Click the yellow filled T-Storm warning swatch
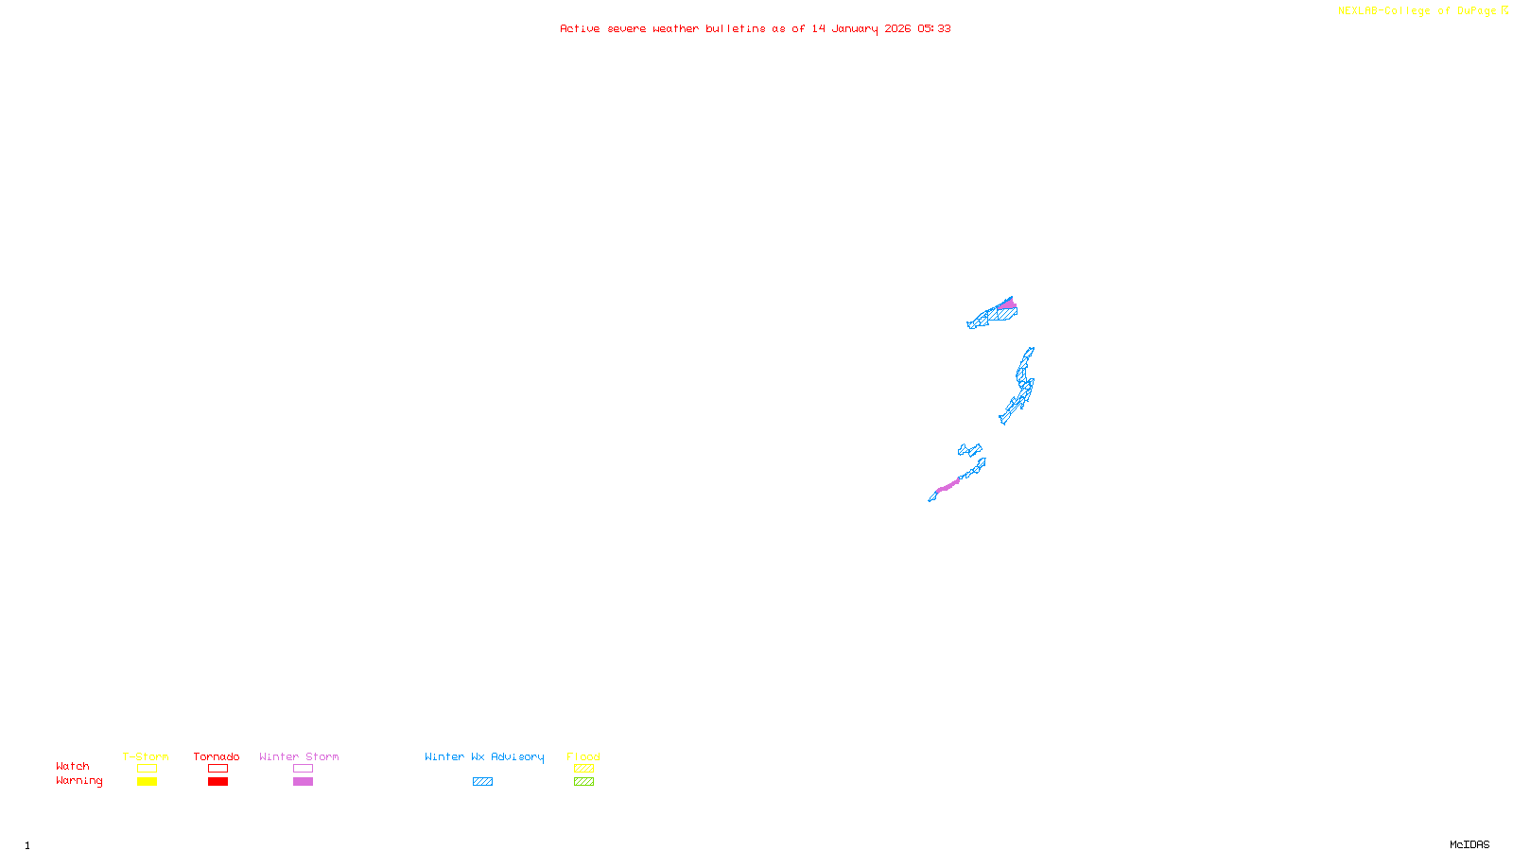tap(147, 782)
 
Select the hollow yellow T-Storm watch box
tap(147, 769)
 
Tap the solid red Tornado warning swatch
tap(217, 782)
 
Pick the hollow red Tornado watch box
tap(217, 769)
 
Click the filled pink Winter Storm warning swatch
tap(303, 782)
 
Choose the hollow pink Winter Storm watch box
tap(303, 769)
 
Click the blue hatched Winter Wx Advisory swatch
tap(482, 782)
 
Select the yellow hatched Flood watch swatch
tap(583, 769)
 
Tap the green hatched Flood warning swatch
tap(583, 782)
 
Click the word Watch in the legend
tap(73, 767)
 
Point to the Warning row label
tap(78, 781)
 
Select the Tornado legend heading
tap(217, 756)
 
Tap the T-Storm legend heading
tap(146, 756)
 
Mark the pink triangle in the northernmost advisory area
tap(1008, 304)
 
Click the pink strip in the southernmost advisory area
tap(948, 486)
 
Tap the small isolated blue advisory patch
tap(969, 450)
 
